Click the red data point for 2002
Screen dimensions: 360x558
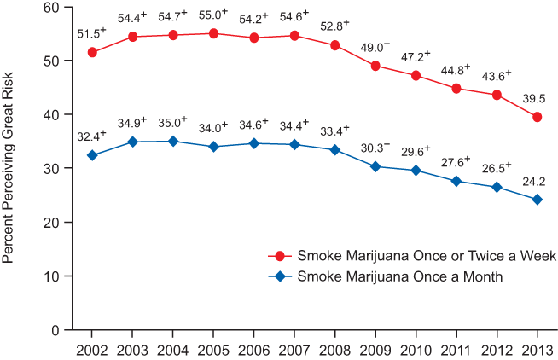[92, 52]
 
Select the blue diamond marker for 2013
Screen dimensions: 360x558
[538, 200]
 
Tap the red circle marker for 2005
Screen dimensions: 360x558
[213, 33]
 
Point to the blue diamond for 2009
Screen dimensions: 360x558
[375, 166]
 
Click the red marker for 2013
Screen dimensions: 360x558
[538, 117]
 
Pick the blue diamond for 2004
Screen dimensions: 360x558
[173, 142]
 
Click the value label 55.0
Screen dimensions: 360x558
[211, 15]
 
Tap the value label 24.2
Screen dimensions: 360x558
[533, 181]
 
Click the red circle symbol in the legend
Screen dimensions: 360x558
[280, 257]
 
